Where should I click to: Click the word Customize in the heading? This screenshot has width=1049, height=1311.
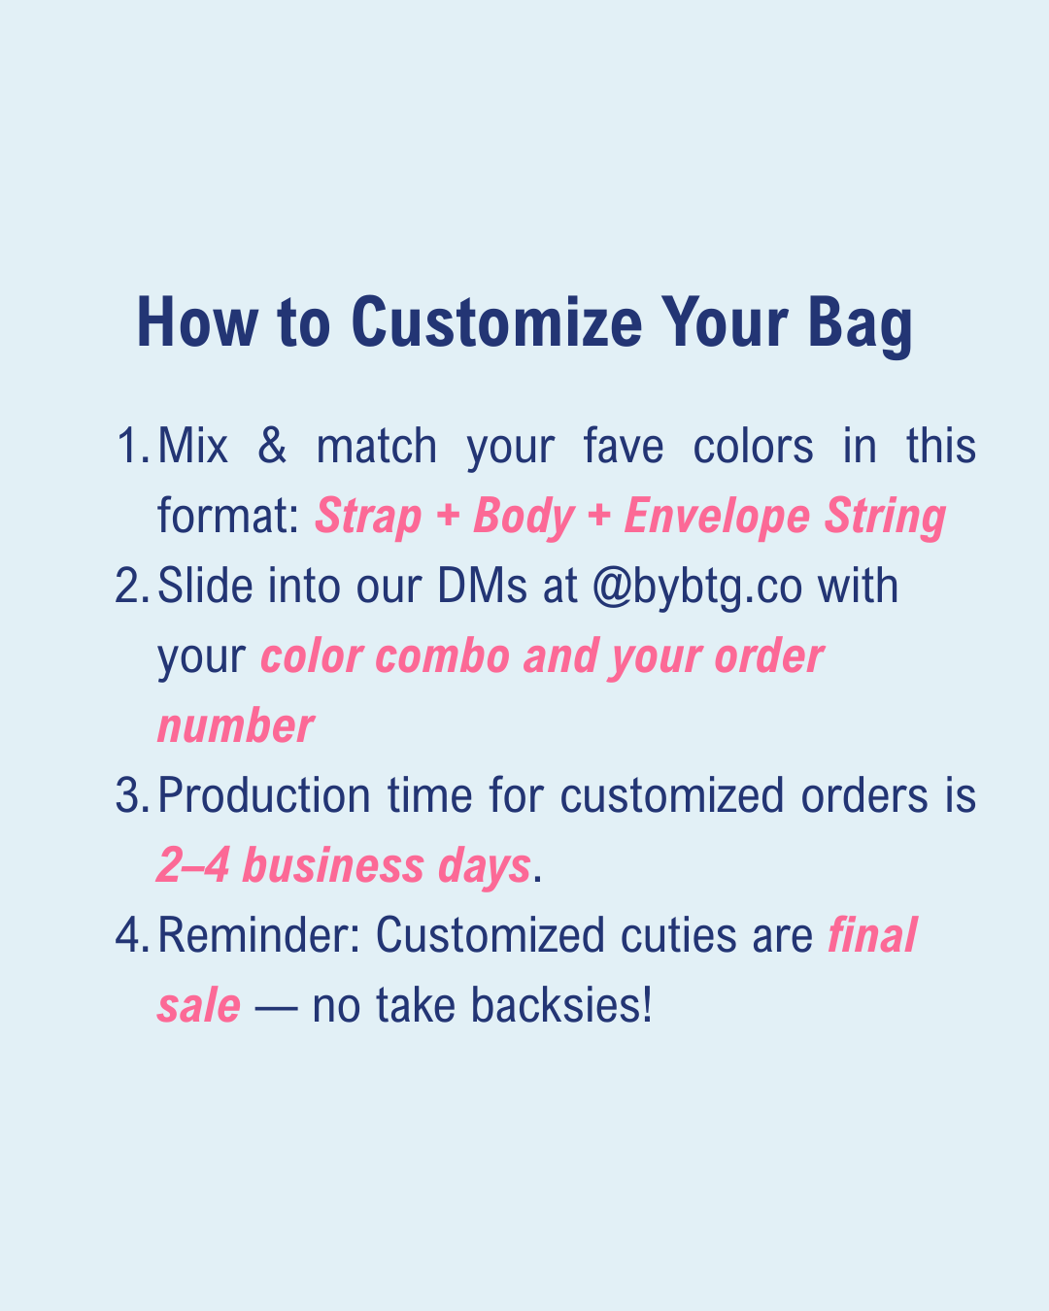496,322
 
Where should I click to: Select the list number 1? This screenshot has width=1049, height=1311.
133,446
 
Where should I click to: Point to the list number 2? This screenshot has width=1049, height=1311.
132,586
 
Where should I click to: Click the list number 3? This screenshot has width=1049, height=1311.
132,795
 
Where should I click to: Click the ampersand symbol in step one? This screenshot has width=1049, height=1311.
272,446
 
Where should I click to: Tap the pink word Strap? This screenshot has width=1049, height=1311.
368,518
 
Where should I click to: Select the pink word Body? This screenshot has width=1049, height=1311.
524,518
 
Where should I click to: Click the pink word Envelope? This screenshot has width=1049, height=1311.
718,518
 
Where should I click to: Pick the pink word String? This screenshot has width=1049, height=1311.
885,518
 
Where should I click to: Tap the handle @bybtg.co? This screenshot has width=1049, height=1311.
697,588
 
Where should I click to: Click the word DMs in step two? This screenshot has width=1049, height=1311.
482,586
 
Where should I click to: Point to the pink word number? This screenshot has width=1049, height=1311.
236,725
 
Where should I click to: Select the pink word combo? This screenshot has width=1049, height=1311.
443,655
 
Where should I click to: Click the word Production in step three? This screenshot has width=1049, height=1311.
264,795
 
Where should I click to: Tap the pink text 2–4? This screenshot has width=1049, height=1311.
193,865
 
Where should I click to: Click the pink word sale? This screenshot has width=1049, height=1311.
199,1005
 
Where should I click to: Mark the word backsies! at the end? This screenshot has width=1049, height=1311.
561,1004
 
